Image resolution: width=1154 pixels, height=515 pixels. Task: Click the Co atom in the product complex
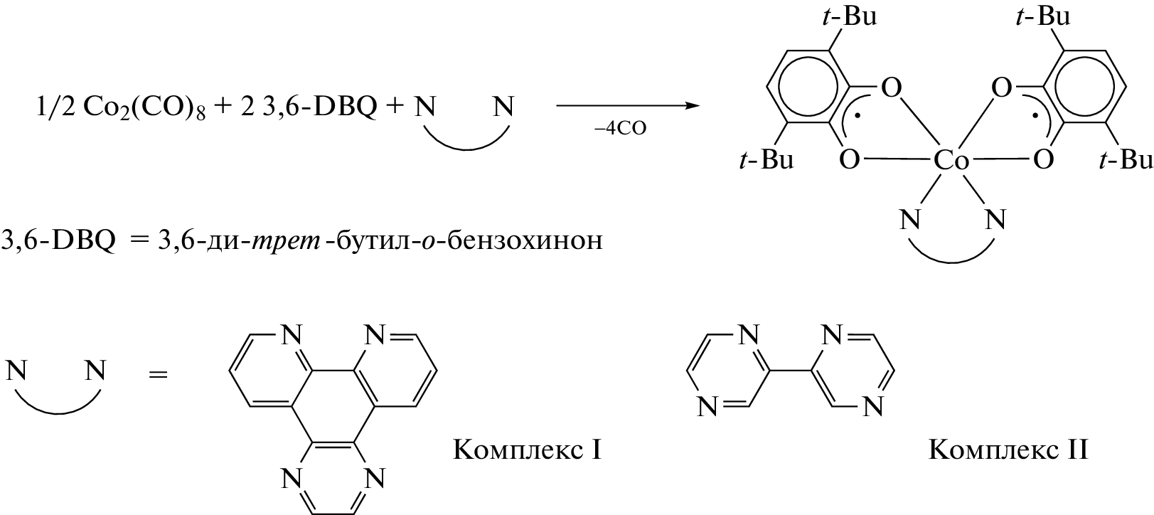click(x=951, y=160)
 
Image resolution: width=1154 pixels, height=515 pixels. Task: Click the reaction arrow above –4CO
click(x=628, y=106)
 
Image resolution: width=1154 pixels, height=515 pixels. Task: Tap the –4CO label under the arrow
click(x=620, y=128)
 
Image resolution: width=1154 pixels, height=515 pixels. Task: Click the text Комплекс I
click(x=527, y=450)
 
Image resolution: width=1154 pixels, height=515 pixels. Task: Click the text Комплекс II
click(x=1008, y=450)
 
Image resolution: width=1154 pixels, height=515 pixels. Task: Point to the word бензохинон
click(x=525, y=240)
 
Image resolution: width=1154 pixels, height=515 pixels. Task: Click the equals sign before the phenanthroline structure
click(x=158, y=373)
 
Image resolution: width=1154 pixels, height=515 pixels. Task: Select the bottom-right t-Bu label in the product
click(x=1126, y=159)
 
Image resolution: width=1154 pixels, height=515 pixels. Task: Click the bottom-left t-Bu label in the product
click(x=766, y=159)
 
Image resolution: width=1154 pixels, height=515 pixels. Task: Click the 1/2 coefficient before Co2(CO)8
click(x=55, y=108)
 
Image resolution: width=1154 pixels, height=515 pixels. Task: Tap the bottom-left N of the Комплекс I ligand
click(x=291, y=478)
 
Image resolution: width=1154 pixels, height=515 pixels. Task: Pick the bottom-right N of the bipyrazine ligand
click(x=872, y=408)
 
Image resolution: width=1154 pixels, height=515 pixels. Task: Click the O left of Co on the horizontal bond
click(x=850, y=160)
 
